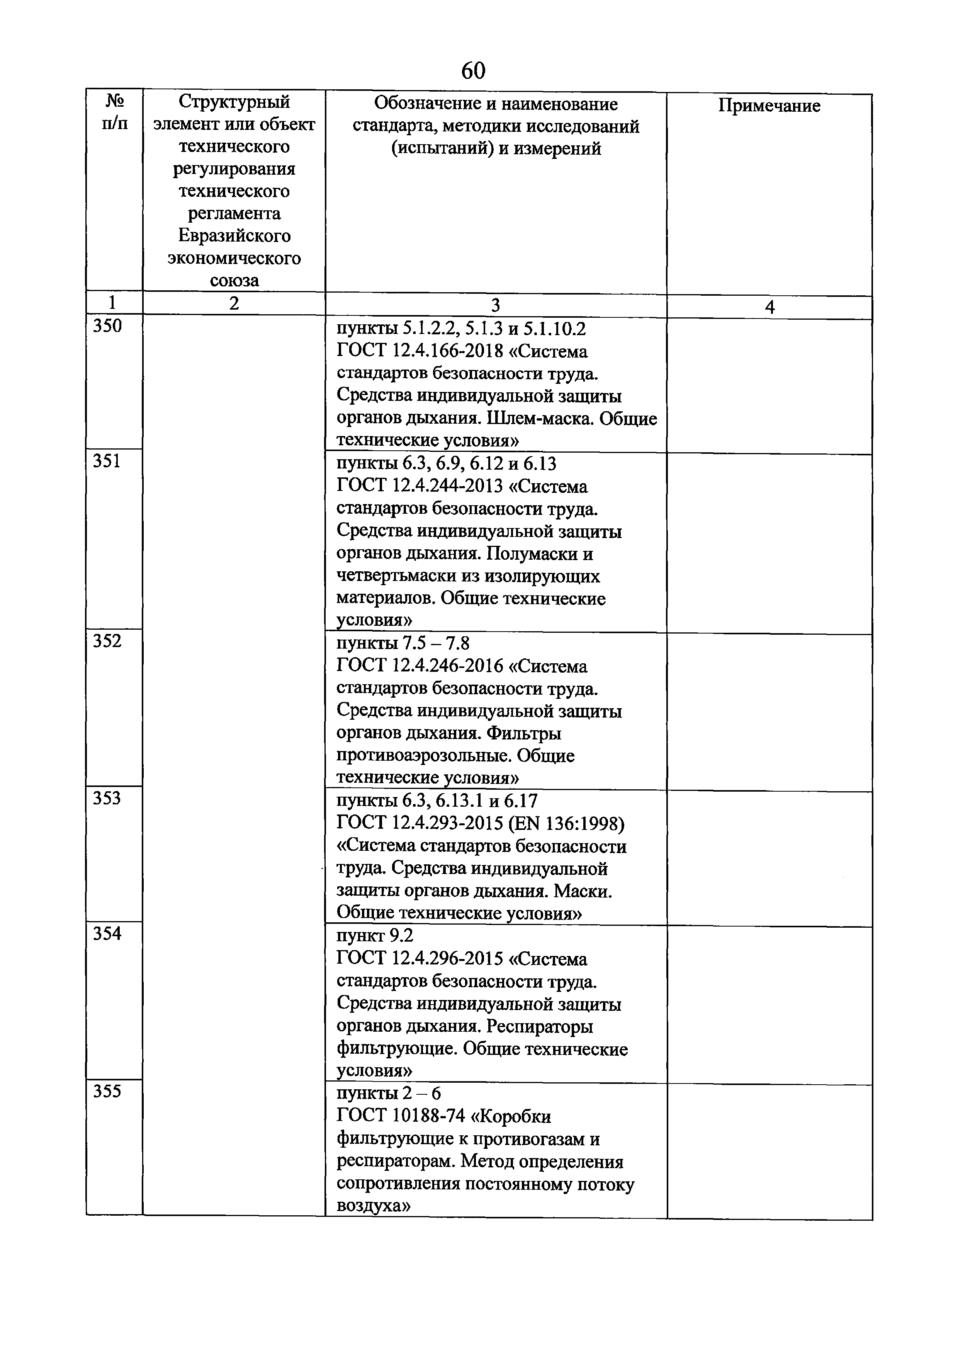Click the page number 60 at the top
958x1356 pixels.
coord(473,70)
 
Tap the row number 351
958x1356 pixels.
coord(107,461)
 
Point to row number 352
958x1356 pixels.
coord(107,641)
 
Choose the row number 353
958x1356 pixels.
coord(107,799)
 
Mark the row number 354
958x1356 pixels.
coord(107,934)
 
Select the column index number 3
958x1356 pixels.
coord(496,305)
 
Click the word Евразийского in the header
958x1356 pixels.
coord(234,236)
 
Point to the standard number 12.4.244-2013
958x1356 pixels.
coord(447,487)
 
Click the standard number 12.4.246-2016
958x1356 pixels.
coord(447,667)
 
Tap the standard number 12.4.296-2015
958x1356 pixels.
coord(447,959)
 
